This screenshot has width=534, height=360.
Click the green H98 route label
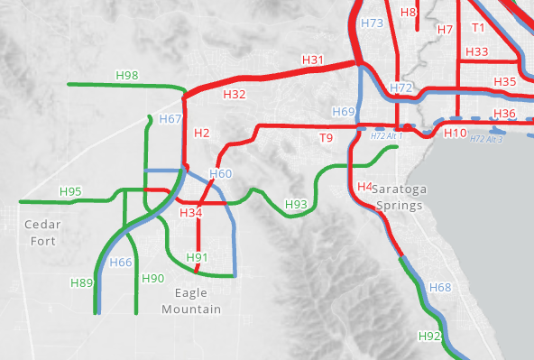point(127,75)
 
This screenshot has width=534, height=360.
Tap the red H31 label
point(312,60)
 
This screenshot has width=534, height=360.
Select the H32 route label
point(234,94)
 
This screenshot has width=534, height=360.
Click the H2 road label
point(201,134)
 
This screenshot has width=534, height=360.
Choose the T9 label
point(326,137)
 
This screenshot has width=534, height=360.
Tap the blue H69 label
point(343,112)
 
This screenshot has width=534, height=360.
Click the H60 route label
point(221,173)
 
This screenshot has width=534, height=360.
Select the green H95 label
point(70,191)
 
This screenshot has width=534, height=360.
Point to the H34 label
point(190,213)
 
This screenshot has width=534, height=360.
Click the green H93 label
point(296,204)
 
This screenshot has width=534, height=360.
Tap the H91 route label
point(198,259)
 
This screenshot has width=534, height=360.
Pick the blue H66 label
point(121,263)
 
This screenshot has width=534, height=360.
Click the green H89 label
point(81,283)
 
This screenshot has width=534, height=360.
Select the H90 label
point(152,278)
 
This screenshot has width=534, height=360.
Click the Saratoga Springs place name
point(399,198)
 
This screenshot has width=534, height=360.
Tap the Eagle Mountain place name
point(191,301)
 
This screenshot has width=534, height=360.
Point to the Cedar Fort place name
point(41,232)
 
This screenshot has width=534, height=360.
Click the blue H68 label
point(440,287)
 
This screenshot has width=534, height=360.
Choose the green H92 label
point(430,336)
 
